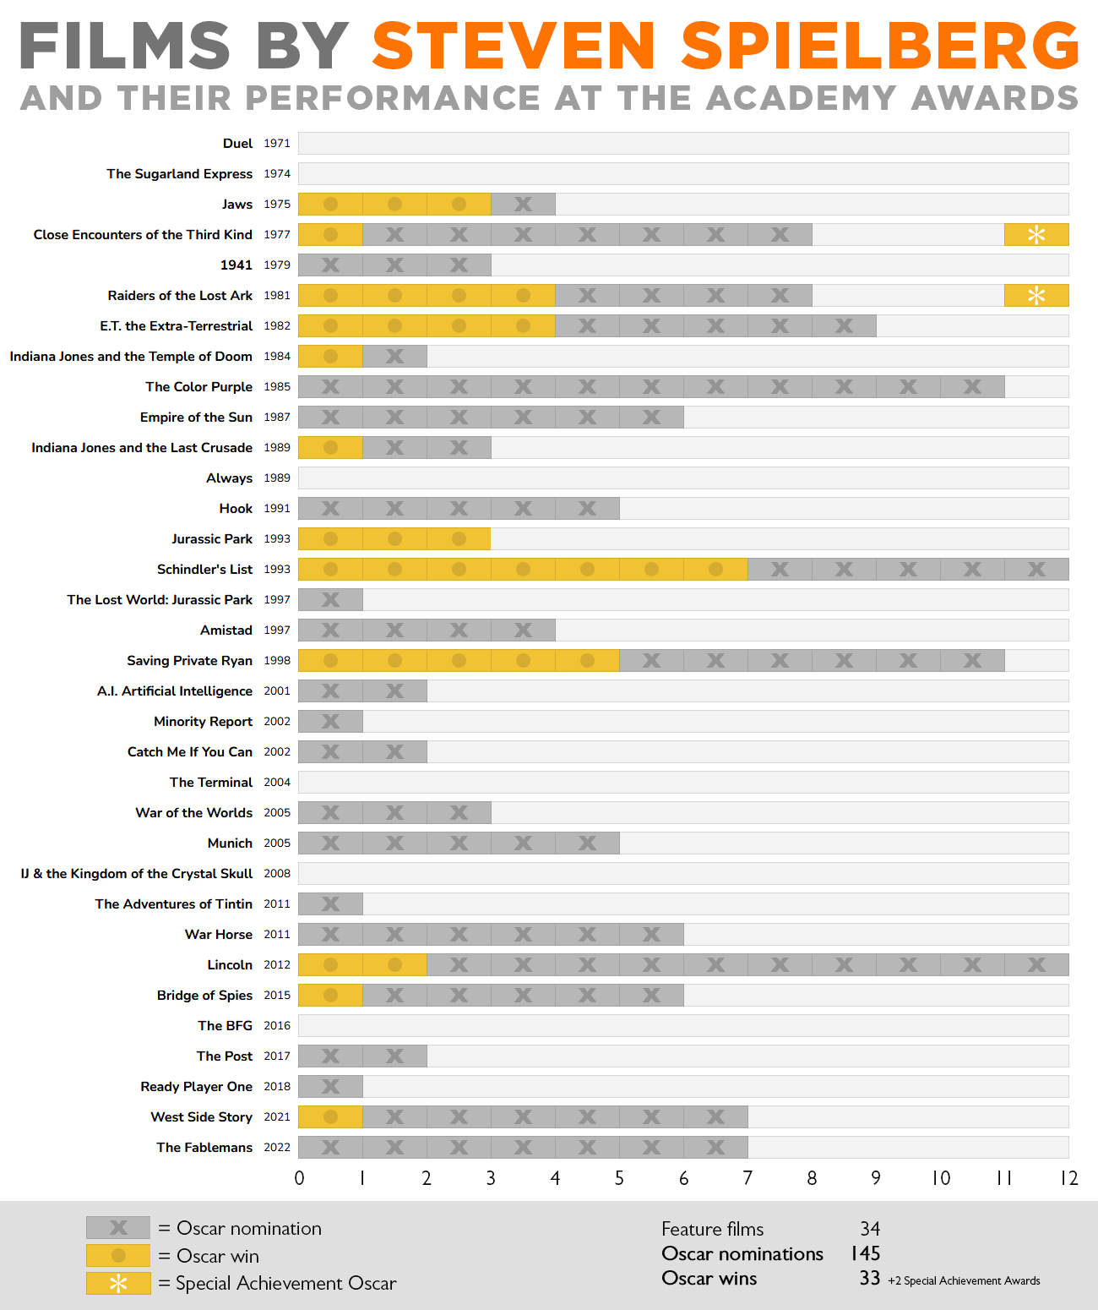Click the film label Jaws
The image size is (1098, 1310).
pos(236,205)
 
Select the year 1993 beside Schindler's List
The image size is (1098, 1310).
pos(276,570)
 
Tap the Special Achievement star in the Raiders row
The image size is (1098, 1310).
pos(1036,296)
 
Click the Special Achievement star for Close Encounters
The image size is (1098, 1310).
pos(1036,235)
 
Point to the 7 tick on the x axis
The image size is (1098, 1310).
pos(747,1178)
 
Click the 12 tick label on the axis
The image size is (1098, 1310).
pos(1068,1178)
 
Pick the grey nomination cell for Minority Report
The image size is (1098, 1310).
pos(330,722)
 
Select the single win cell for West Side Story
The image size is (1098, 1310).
pos(330,1117)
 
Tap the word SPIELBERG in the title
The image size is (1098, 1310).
pos(880,46)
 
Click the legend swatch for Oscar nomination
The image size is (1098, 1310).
pos(118,1228)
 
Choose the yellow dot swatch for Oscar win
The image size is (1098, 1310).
pos(118,1256)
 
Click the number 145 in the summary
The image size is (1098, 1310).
pos(866,1253)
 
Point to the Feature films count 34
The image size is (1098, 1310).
pos(870,1229)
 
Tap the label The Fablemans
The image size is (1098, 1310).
pos(204,1148)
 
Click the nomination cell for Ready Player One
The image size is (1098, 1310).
pos(330,1087)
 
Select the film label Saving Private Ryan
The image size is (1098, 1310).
pos(189,661)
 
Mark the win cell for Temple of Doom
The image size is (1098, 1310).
pos(330,357)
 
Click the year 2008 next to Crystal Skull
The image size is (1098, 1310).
pos(276,874)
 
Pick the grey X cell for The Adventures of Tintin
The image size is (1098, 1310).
pos(330,904)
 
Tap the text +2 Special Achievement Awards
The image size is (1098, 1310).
pos(964,1281)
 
